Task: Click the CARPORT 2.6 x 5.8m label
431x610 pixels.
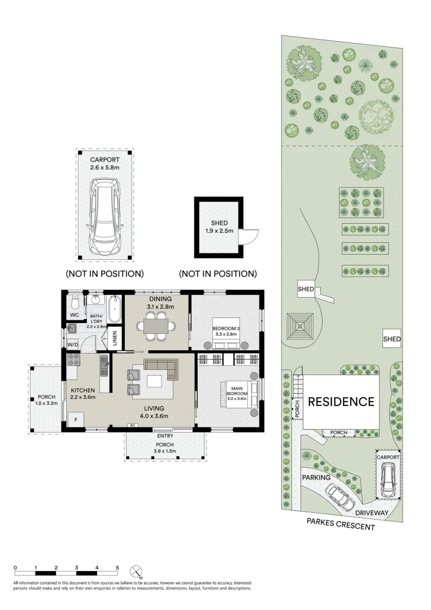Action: [x=105, y=164]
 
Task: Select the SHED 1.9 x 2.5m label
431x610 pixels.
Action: [x=218, y=226]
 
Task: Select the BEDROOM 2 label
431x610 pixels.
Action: [x=225, y=330]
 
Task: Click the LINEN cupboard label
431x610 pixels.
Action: [x=115, y=339]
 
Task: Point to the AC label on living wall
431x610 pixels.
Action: [x=133, y=425]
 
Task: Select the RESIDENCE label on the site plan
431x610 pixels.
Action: [x=341, y=402]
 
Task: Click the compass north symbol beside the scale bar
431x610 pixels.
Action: [x=137, y=571]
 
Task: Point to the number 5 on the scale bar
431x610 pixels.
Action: [x=117, y=567]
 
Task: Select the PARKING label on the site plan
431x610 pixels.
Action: [x=316, y=477]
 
